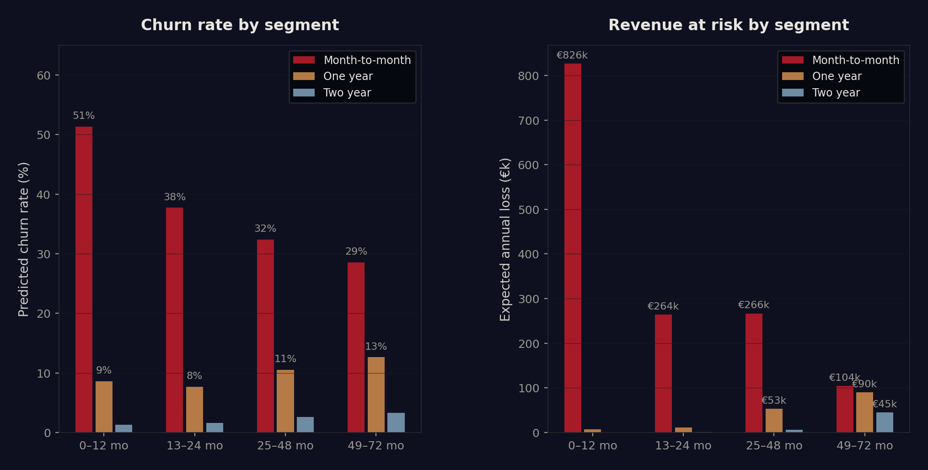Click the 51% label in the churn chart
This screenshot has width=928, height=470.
84,116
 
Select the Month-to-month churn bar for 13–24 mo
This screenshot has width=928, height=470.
174,320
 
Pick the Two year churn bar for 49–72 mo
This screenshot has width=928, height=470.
396,422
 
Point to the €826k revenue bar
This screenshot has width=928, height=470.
573,247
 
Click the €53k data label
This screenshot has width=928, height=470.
773,401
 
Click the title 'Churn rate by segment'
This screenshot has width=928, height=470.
240,25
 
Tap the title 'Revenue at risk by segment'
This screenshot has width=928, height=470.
728,25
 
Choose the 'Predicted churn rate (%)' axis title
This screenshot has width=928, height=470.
23,239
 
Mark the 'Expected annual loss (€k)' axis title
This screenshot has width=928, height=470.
505,239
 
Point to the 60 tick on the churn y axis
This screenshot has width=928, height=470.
43,75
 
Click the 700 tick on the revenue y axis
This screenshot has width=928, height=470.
528,121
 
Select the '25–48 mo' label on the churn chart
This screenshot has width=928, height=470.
285,446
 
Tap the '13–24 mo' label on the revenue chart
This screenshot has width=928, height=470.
683,446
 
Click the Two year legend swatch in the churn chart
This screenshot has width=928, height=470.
304,93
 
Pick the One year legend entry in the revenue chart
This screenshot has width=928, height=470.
837,76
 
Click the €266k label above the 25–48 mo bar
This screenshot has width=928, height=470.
753,305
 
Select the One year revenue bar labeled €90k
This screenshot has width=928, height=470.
864,412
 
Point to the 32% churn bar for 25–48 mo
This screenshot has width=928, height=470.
265,336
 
